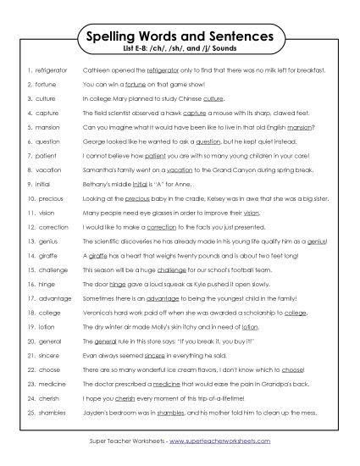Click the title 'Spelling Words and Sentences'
[180, 37]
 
